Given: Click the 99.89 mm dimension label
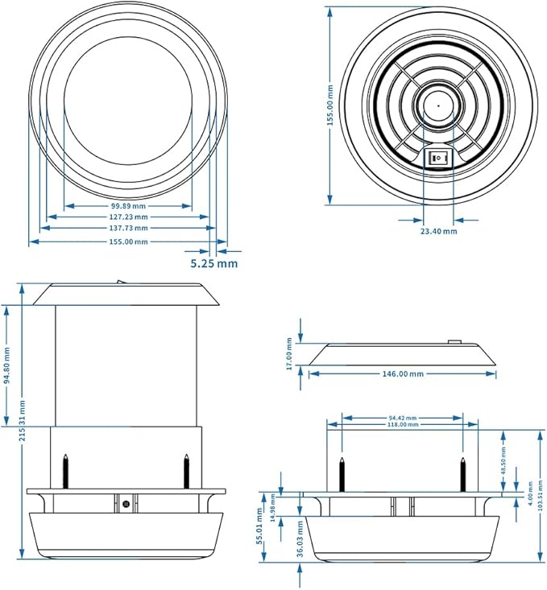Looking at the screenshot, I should (128, 206).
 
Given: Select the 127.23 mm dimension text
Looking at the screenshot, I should (128, 217).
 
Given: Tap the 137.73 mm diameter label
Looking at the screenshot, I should (128, 229).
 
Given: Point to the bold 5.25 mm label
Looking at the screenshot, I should (213, 263).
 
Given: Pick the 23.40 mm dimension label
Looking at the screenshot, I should (438, 231).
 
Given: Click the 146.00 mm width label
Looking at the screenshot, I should (402, 374).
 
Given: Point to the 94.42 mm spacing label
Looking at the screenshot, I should (403, 418).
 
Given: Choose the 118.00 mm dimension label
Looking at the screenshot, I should (403, 425).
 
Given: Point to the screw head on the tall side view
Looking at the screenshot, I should (126, 505).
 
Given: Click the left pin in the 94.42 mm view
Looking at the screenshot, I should (342, 473).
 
